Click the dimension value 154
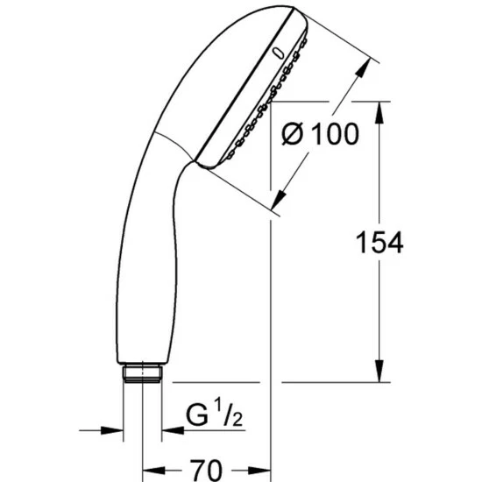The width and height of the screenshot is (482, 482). click(x=379, y=243)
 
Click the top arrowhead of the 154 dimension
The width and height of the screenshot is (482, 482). click(x=379, y=110)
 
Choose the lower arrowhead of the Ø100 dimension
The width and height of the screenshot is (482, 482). click(x=283, y=196)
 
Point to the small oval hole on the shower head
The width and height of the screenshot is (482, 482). click(x=279, y=53)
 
